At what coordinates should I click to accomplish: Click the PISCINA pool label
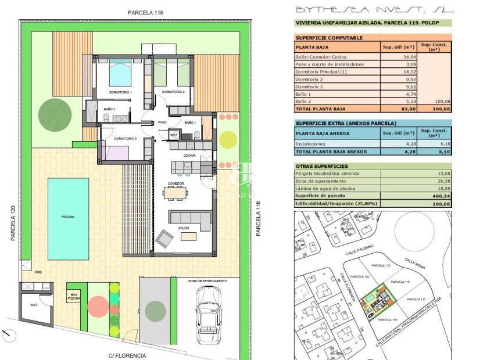[68, 217]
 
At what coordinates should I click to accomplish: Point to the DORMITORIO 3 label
[125, 139]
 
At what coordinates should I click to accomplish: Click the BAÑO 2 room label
[109, 109]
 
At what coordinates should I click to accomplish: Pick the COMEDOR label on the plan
[176, 183]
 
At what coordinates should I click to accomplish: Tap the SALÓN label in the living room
[184, 228]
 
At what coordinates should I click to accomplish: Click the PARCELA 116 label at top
[145, 12]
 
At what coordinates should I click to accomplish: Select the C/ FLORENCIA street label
[127, 355]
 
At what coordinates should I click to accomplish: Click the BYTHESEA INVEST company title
[375, 9]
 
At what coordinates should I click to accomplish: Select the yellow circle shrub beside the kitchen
[228, 139]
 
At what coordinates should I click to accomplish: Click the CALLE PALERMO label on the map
[359, 253]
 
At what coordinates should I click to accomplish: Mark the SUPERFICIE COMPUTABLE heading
[329, 38]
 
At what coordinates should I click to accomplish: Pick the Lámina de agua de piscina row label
[328, 189]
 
